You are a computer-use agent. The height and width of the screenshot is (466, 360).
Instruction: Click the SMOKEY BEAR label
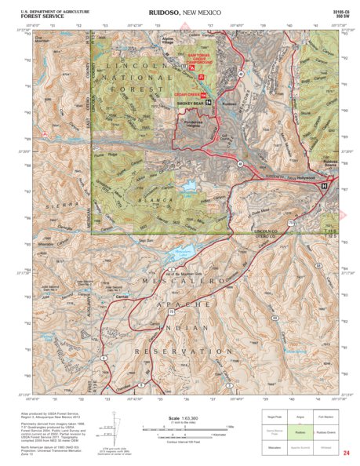pos(191,103)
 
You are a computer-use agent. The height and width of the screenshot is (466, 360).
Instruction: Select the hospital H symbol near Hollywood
pos(324,186)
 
